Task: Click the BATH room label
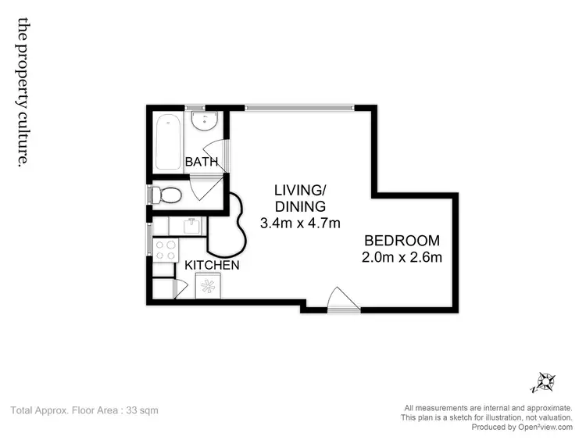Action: [x=201, y=163]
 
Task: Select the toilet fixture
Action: [x=168, y=195]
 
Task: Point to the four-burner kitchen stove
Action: [x=166, y=249]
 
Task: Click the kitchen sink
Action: [x=188, y=226]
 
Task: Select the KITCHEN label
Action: [x=212, y=266]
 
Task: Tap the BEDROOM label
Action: [x=402, y=241]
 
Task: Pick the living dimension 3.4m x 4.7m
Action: [x=300, y=224]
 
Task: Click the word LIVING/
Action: [x=299, y=190]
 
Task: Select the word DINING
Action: [x=299, y=206]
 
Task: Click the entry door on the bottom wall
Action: [x=342, y=301]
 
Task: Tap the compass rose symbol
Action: [x=544, y=383]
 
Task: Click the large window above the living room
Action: [x=300, y=108]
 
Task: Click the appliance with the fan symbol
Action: [x=209, y=286]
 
